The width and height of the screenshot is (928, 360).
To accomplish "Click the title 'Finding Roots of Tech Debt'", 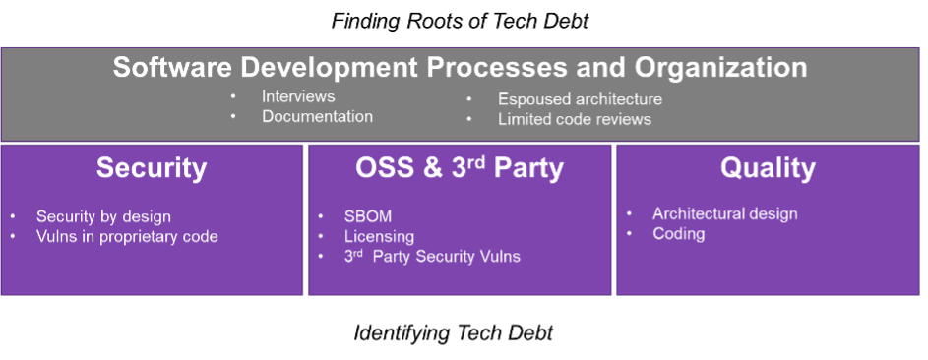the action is click(x=460, y=22).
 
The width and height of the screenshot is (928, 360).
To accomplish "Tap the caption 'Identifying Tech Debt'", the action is click(x=454, y=332).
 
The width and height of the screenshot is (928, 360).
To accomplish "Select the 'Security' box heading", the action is click(x=152, y=168).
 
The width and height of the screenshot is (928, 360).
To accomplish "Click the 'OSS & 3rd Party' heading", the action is click(x=460, y=168).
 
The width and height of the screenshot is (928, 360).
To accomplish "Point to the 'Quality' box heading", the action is click(x=768, y=168).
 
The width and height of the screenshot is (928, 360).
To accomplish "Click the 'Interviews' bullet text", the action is click(x=298, y=96).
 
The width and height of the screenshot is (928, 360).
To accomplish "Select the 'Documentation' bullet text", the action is click(x=317, y=116).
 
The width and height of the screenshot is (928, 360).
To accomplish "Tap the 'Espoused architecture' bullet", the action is click(x=580, y=99).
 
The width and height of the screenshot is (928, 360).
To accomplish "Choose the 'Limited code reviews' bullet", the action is click(x=575, y=119).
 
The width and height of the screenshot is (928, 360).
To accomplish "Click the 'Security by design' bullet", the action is click(x=103, y=217).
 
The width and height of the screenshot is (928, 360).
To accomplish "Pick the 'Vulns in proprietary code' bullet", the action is click(x=127, y=237).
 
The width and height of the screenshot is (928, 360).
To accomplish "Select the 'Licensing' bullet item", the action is click(x=379, y=237).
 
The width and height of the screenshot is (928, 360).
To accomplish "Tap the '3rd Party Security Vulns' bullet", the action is click(x=432, y=257).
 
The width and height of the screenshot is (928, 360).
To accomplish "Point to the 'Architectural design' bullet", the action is click(x=725, y=214).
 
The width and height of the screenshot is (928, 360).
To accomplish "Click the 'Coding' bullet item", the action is click(x=679, y=234).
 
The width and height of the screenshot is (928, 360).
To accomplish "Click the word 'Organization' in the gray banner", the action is click(x=721, y=68).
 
